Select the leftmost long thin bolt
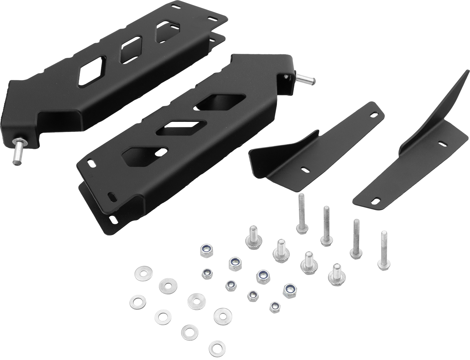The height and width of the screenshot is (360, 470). click(x=301, y=213)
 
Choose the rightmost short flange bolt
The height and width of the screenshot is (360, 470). click(x=335, y=272)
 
